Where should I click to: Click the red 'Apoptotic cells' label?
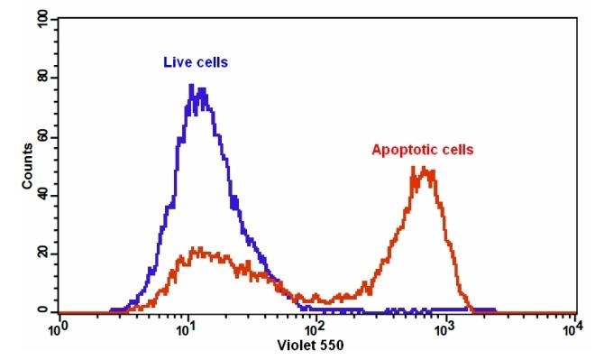(423, 150)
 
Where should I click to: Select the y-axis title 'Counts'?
(28, 168)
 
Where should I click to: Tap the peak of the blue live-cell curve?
(192, 87)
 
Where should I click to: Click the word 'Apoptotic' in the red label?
(401, 150)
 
